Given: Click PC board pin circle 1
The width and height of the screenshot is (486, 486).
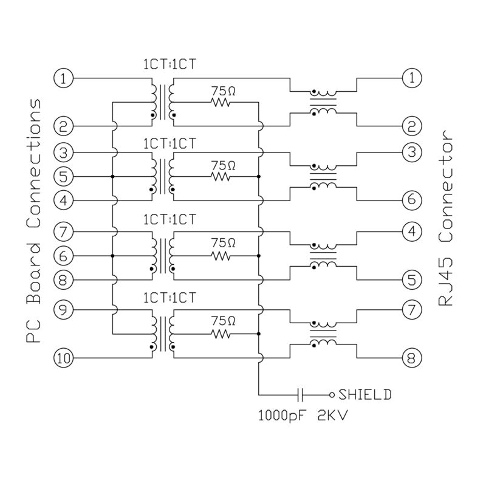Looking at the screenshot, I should pyautogui.click(x=64, y=78).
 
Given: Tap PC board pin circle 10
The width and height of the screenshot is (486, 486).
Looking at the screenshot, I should pyautogui.click(x=64, y=358).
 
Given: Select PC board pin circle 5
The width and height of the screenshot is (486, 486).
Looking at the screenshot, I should pyautogui.click(x=64, y=176).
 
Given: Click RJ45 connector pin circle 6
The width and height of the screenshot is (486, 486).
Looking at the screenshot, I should pyautogui.click(x=412, y=199).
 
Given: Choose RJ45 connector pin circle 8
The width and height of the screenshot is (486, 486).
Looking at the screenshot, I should pyautogui.click(x=412, y=358).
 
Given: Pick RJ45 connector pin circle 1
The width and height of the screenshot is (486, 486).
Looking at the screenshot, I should pyautogui.click(x=412, y=78).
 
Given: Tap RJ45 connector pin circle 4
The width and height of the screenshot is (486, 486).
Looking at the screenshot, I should pyautogui.click(x=412, y=231).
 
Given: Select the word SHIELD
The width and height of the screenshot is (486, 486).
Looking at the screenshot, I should pyautogui.click(x=365, y=394).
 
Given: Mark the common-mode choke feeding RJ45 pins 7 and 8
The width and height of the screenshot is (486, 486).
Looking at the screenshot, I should pyautogui.click(x=323, y=334).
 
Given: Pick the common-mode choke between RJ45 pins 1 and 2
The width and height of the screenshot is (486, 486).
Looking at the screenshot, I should pyautogui.click(x=323, y=102).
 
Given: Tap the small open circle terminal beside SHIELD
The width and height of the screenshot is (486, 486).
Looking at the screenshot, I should pyautogui.click(x=332, y=394).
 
